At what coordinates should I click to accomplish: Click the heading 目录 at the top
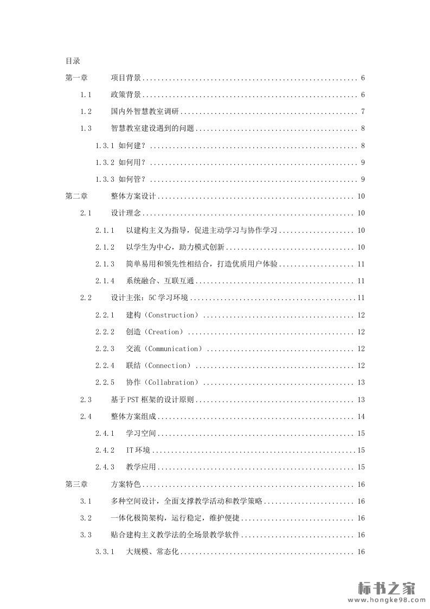click(73, 61)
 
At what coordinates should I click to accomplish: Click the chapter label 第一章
click(76, 78)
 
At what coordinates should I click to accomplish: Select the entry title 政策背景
click(126, 95)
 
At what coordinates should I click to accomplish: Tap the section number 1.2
click(86, 112)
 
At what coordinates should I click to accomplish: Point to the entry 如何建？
click(132, 145)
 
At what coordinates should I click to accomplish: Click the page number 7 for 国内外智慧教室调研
click(363, 112)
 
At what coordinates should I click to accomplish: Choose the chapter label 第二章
click(76, 196)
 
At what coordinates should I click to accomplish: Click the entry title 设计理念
click(126, 213)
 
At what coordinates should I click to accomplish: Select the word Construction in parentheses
click(172, 315)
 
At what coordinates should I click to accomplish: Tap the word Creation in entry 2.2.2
click(165, 332)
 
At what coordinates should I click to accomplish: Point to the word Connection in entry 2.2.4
click(169, 365)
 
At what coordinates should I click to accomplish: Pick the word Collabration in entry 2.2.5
click(172, 382)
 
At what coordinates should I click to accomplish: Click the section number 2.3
click(86, 399)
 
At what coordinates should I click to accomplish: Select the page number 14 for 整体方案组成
click(361, 416)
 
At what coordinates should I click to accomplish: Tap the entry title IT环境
click(138, 450)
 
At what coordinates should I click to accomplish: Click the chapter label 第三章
click(76, 484)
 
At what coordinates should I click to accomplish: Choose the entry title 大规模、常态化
click(152, 551)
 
